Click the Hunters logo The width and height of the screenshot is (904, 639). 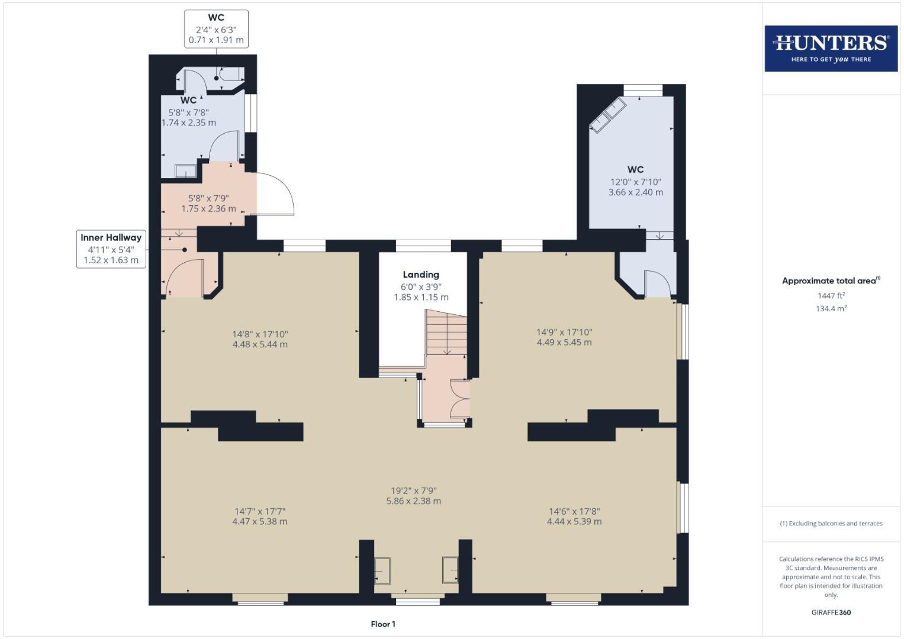(x=831, y=48)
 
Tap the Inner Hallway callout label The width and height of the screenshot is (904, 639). (x=111, y=248)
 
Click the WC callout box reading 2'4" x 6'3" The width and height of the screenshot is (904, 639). (x=216, y=29)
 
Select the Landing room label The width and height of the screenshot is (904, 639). (x=421, y=275)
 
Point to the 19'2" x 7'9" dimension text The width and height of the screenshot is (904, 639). (x=413, y=496)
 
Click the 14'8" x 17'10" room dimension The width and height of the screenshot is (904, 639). (x=260, y=339)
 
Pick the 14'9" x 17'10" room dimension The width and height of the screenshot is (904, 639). (x=564, y=337)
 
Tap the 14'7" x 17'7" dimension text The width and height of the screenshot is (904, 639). (x=260, y=516)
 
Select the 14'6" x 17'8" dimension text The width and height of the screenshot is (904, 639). (x=574, y=516)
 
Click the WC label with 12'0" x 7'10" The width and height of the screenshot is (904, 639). (x=635, y=181)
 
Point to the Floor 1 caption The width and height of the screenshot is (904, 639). (x=383, y=624)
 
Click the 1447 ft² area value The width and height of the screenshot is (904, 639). (x=831, y=296)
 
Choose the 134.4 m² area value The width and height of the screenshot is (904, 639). (x=831, y=308)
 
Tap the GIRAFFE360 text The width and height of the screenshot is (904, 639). (x=831, y=612)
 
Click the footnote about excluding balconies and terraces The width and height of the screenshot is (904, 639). (x=831, y=524)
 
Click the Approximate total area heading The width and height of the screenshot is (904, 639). (x=831, y=281)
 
